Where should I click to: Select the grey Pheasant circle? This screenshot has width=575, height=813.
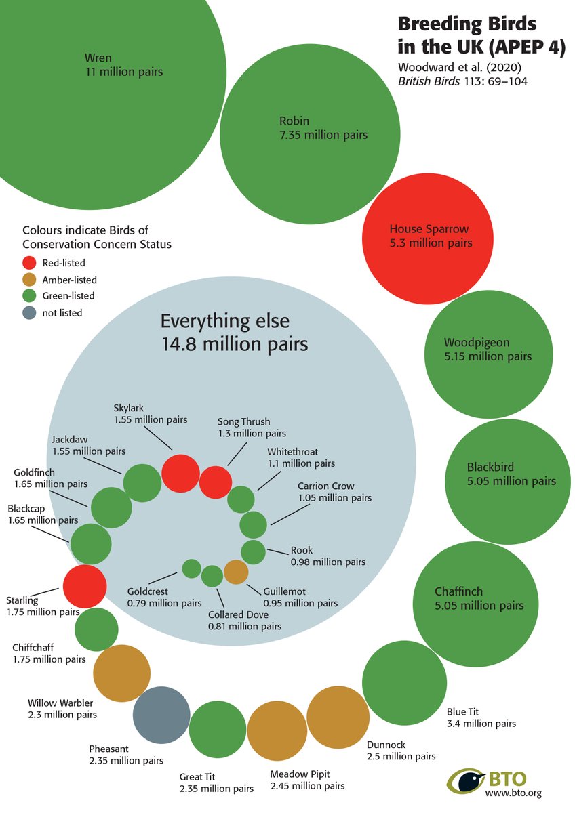pos(161,715)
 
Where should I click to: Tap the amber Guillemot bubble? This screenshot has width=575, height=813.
pos(236,572)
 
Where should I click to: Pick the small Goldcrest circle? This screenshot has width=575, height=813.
pos(191,568)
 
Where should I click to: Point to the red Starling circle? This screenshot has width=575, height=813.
pos(85,586)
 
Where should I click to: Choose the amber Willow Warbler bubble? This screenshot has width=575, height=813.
pos(121,673)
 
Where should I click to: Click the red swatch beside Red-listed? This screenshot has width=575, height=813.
pos(29,263)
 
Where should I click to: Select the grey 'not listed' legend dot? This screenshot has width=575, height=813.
pos(29,312)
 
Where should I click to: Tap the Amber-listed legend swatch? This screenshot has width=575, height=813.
pos(29,279)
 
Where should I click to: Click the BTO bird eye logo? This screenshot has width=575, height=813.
pos(466,780)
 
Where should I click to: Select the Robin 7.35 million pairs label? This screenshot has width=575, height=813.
pos(323,128)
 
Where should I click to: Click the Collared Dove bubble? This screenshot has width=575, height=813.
pos(212,576)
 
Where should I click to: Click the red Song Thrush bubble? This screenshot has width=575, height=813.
pos(216,482)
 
